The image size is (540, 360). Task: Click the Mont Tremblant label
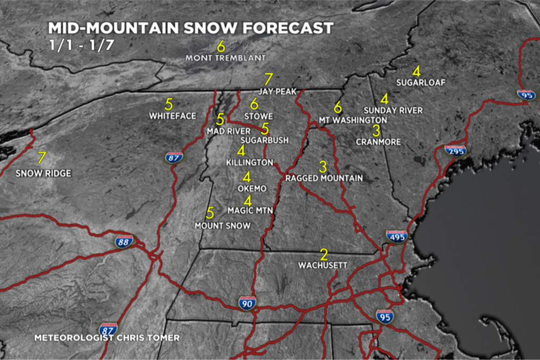click(x=226, y=57)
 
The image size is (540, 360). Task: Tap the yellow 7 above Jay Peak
click(x=268, y=80)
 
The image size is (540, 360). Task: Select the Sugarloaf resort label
click(x=421, y=83)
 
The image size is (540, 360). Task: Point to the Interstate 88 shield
click(x=123, y=242)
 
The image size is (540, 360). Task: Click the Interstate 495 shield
click(x=397, y=238)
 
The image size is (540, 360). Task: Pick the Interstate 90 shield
click(x=247, y=303)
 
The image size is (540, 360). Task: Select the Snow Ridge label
click(x=43, y=173)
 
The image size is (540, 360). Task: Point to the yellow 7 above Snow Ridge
click(x=42, y=158)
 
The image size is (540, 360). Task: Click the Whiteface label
click(x=172, y=116)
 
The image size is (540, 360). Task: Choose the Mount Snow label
click(x=223, y=226)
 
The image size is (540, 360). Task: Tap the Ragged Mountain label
click(x=324, y=178)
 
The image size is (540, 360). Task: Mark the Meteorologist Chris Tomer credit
click(x=107, y=337)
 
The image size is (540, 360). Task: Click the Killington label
click(x=249, y=163)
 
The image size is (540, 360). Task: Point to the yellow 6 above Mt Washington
click(x=338, y=107)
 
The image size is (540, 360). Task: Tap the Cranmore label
click(x=378, y=142)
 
